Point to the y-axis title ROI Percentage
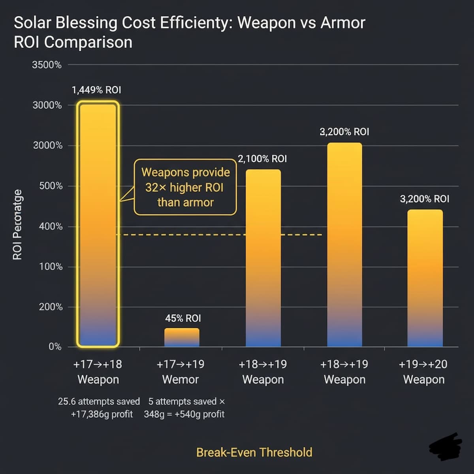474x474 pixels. [x=17, y=225]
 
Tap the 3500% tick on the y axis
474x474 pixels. [x=47, y=65]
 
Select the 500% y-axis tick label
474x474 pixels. [x=51, y=186]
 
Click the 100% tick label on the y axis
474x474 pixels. [x=51, y=267]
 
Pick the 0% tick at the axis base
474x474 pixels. [x=55, y=347]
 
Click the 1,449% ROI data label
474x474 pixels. [x=96, y=90]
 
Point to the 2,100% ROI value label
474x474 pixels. [x=262, y=159]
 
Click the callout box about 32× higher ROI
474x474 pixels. [x=185, y=187]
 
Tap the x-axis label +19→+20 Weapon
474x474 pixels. [x=423, y=372]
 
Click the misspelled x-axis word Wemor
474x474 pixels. [x=181, y=380]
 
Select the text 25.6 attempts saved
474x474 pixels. [x=99, y=401]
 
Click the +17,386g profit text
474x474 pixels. [x=102, y=414]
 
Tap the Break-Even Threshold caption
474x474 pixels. [x=254, y=452]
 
